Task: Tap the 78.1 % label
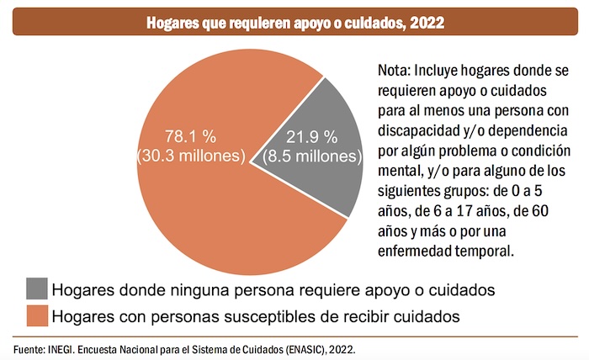point(191,137)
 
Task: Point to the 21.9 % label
point(311,137)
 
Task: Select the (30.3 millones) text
point(191,156)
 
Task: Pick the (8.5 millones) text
point(311,156)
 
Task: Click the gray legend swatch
point(37,289)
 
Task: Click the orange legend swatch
point(37,316)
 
